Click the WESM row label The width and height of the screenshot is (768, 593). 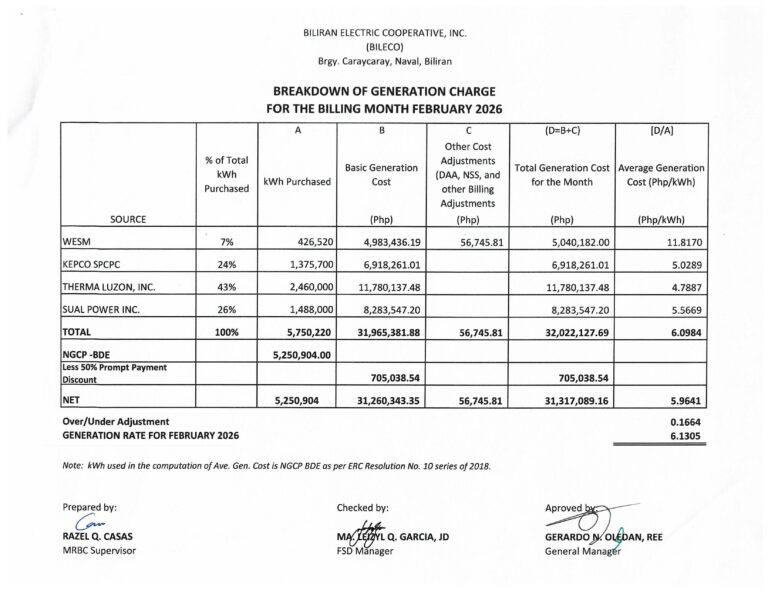[78, 240]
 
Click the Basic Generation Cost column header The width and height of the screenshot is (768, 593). [381, 175]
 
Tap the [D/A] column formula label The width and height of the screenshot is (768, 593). [661, 130]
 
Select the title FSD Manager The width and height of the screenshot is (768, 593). [365, 550]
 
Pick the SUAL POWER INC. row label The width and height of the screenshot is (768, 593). [104, 312]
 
